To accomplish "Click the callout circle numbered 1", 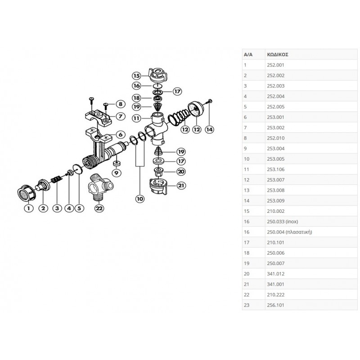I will (x=28, y=208).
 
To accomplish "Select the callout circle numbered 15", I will (x=136, y=76).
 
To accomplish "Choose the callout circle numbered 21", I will (x=180, y=185).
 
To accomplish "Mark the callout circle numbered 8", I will (x=120, y=104).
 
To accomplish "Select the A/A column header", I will (x=248, y=54).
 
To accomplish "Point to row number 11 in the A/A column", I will (x=246, y=169).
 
